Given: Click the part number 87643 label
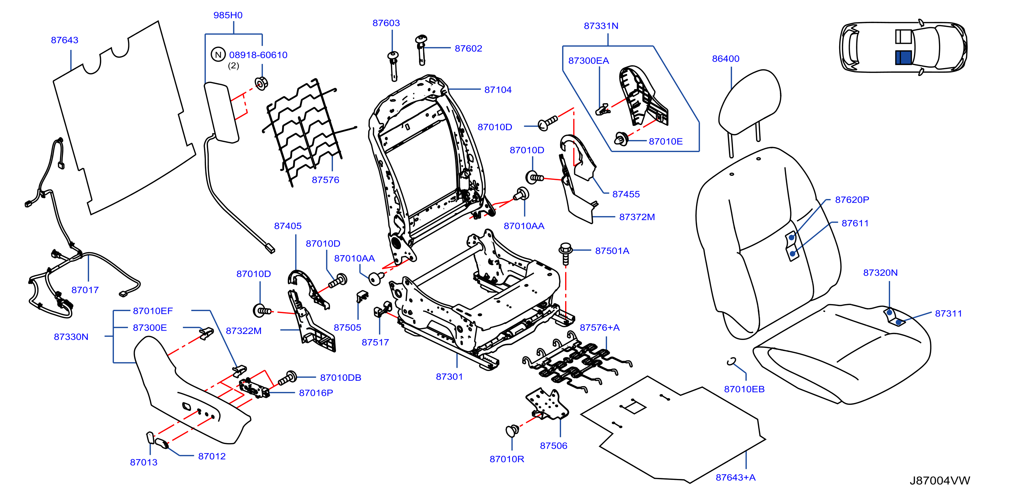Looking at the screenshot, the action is click(65, 40).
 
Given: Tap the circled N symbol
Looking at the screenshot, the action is click(218, 55).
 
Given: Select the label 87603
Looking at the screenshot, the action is click(386, 23).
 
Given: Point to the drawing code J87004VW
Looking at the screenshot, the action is click(940, 481).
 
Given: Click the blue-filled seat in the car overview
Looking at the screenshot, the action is click(903, 57).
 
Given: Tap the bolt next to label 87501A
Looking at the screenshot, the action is click(565, 253).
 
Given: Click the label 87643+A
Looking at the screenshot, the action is click(736, 478).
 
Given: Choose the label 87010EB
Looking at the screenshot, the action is click(744, 389).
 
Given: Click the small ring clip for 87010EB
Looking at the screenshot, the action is click(731, 361).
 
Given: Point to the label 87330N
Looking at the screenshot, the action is click(71, 337).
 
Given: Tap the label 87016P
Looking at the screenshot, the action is click(316, 393).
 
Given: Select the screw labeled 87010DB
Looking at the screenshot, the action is click(287, 378).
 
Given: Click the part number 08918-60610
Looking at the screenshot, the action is click(258, 55).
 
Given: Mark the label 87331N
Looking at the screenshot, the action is click(601, 26).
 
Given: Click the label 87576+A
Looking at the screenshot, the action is click(600, 328).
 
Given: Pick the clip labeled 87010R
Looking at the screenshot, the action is click(512, 430).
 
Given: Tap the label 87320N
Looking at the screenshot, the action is click(880, 273).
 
